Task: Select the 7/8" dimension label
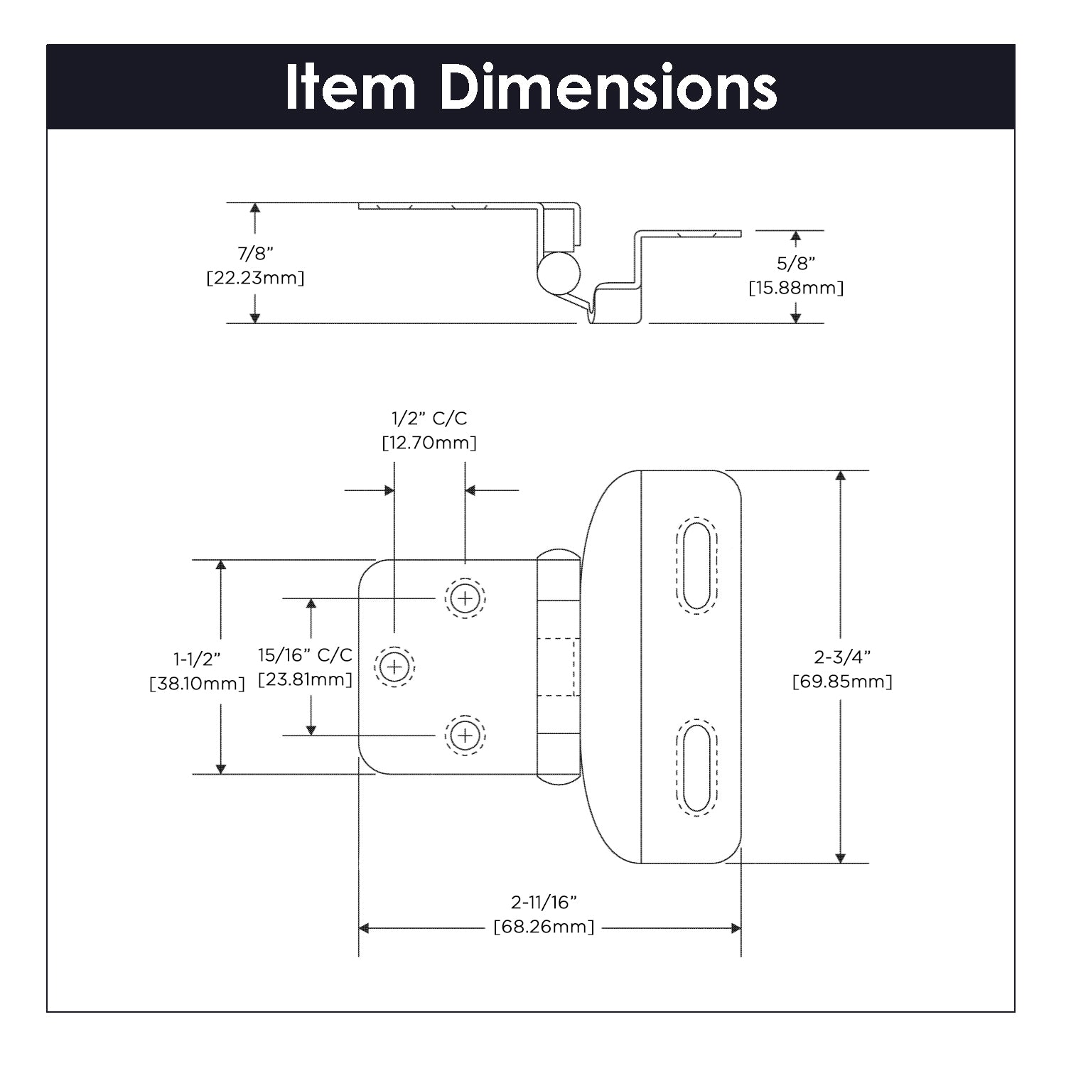[255, 253]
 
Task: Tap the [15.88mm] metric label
[796, 288]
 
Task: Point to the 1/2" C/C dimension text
[429, 418]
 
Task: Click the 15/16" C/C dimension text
[305, 655]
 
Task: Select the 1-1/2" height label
[197, 659]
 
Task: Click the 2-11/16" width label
[544, 902]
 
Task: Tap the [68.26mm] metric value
[544, 927]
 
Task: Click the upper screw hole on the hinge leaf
[465, 598]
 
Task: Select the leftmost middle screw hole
[394, 667]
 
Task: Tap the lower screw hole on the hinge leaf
[465, 735]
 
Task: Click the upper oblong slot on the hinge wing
[696, 565]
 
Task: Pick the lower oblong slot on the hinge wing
[696, 768]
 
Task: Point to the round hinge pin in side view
[558, 272]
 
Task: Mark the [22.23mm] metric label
[255, 278]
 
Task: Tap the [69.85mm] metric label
[842, 682]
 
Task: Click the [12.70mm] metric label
[429, 443]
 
